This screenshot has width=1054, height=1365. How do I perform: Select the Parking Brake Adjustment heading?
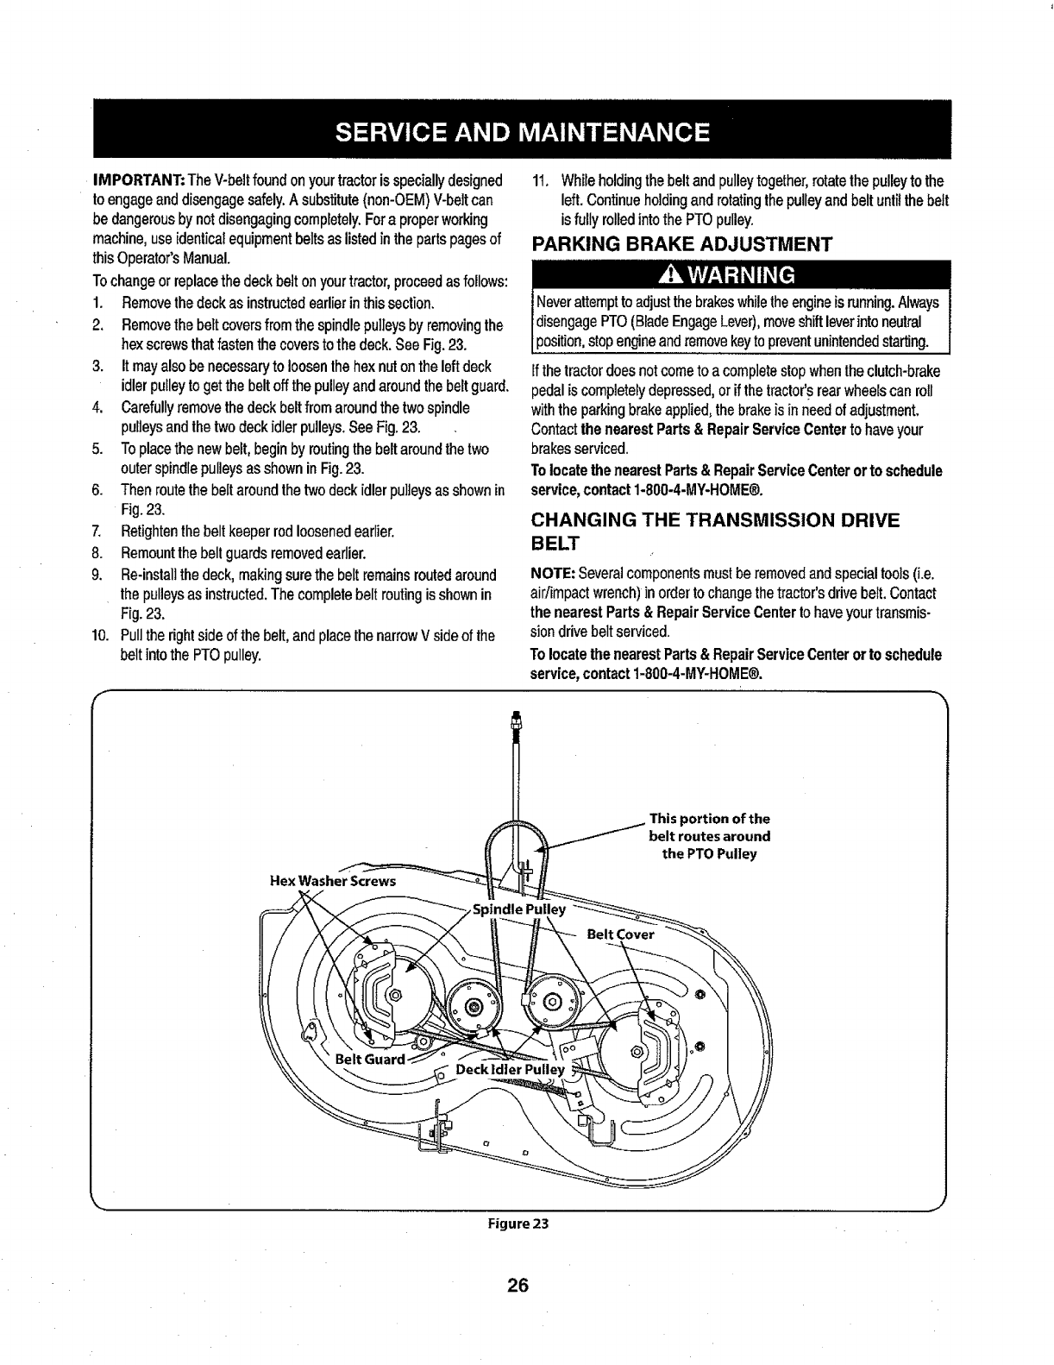pyautogui.click(x=682, y=243)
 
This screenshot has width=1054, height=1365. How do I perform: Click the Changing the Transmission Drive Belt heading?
pyautogui.click(x=715, y=531)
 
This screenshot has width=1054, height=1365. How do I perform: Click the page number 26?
pyautogui.click(x=517, y=1286)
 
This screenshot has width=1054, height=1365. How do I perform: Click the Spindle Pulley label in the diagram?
pyautogui.click(x=519, y=909)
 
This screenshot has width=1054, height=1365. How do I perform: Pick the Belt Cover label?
pyautogui.click(x=620, y=934)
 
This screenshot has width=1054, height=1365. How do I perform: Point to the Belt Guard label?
pyautogui.click(x=369, y=1059)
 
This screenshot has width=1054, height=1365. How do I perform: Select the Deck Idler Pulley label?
pyautogui.click(x=510, y=1070)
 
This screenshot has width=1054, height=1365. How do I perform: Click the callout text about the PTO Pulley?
pyautogui.click(x=709, y=836)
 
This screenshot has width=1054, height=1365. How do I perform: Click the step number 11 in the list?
pyautogui.click(x=541, y=182)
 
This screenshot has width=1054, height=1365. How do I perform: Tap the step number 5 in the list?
pyautogui.click(x=97, y=450)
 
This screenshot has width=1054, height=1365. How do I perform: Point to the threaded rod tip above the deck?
pyautogui.click(x=516, y=719)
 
